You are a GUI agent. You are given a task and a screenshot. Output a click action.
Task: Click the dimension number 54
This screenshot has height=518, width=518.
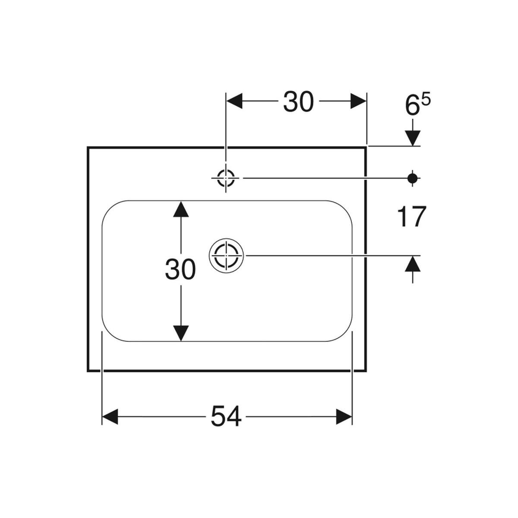pyautogui.click(x=226, y=417)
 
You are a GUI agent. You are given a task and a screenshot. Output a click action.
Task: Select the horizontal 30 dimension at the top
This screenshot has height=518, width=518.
pyautogui.click(x=298, y=103)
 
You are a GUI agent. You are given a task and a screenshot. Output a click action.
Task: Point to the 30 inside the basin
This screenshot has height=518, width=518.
pyautogui.click(x=180, y=271)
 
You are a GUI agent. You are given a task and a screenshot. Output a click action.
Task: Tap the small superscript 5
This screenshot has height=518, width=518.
pyautogui.click(x=426, y=100)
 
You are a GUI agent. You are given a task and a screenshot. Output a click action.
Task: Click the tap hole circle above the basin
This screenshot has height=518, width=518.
pyautogui.click(x=226, y=177)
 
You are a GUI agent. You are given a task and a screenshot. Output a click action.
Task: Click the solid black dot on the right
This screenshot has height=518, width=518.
pyautogui.click(x=413, y=177)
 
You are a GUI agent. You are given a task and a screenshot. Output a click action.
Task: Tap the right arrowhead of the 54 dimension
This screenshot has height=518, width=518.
pyautogui.click(x=344, y=417)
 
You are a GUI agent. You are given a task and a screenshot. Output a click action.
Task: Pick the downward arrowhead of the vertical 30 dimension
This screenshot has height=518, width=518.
pyautogui.click(x=181, y=333)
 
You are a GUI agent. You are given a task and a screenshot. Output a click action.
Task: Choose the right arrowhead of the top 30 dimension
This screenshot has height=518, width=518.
pyautogui.click(x=358, y=102)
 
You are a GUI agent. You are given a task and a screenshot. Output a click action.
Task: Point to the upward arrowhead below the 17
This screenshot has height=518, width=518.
pyautogui.click(x=413, y=263)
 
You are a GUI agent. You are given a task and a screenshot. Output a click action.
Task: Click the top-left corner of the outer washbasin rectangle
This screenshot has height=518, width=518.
pyautogui.click(x=88, y=147)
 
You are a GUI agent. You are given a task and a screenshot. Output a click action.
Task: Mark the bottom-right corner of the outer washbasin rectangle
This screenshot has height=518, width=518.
pyautogui.click(x=366, y=370)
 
